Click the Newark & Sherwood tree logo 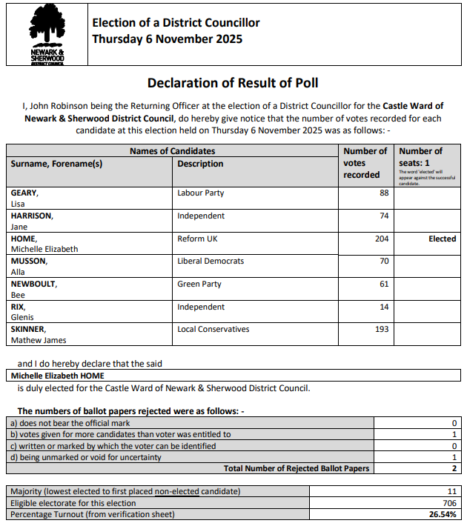coord(47,34)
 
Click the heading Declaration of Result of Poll coord(233,82)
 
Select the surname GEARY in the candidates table coord(24,193)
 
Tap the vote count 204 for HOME coord(381,239)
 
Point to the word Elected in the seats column coord(442,239)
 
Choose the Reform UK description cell coord(197,239)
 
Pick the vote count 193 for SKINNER coord(381,330)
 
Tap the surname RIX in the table coord(19,307)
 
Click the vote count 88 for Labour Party coord(383,193)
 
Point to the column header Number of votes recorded coord(365,163)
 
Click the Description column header coord(200,164)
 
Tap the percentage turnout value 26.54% coord(441,514)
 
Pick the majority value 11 coord(451,492)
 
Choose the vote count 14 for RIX coord(383,307)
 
